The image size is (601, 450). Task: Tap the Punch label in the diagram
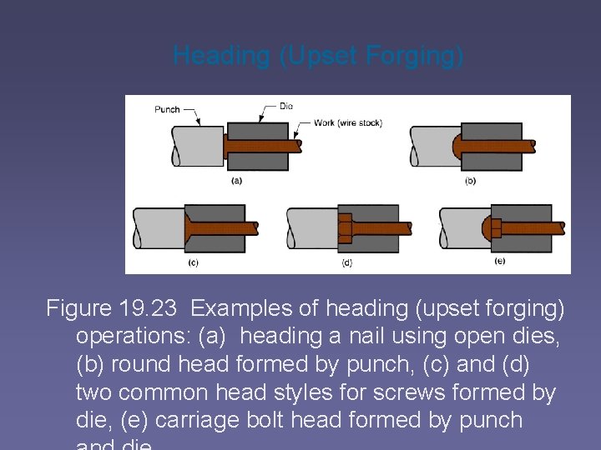[x=167, y=109]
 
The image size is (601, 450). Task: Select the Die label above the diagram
[x=285, y=106]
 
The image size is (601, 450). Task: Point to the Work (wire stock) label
[x=347, y=123]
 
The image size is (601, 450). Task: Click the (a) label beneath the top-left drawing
[x=237, y=180]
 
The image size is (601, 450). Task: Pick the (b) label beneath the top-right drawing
[x=470, y=180]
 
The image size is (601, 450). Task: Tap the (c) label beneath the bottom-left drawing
[x=194, y=261]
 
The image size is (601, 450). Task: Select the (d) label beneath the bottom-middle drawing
[x=346, y=262]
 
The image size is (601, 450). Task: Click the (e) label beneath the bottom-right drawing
[x=499, y=261]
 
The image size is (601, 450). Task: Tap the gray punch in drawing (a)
[x=197, y=147]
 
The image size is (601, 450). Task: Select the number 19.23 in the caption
[x=147, y=308]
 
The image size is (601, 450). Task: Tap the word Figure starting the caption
[x=79, y=308]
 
